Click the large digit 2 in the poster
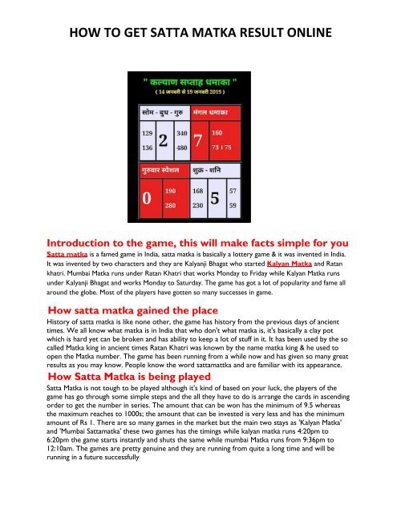(163, 141)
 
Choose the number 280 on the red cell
(171, 205)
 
